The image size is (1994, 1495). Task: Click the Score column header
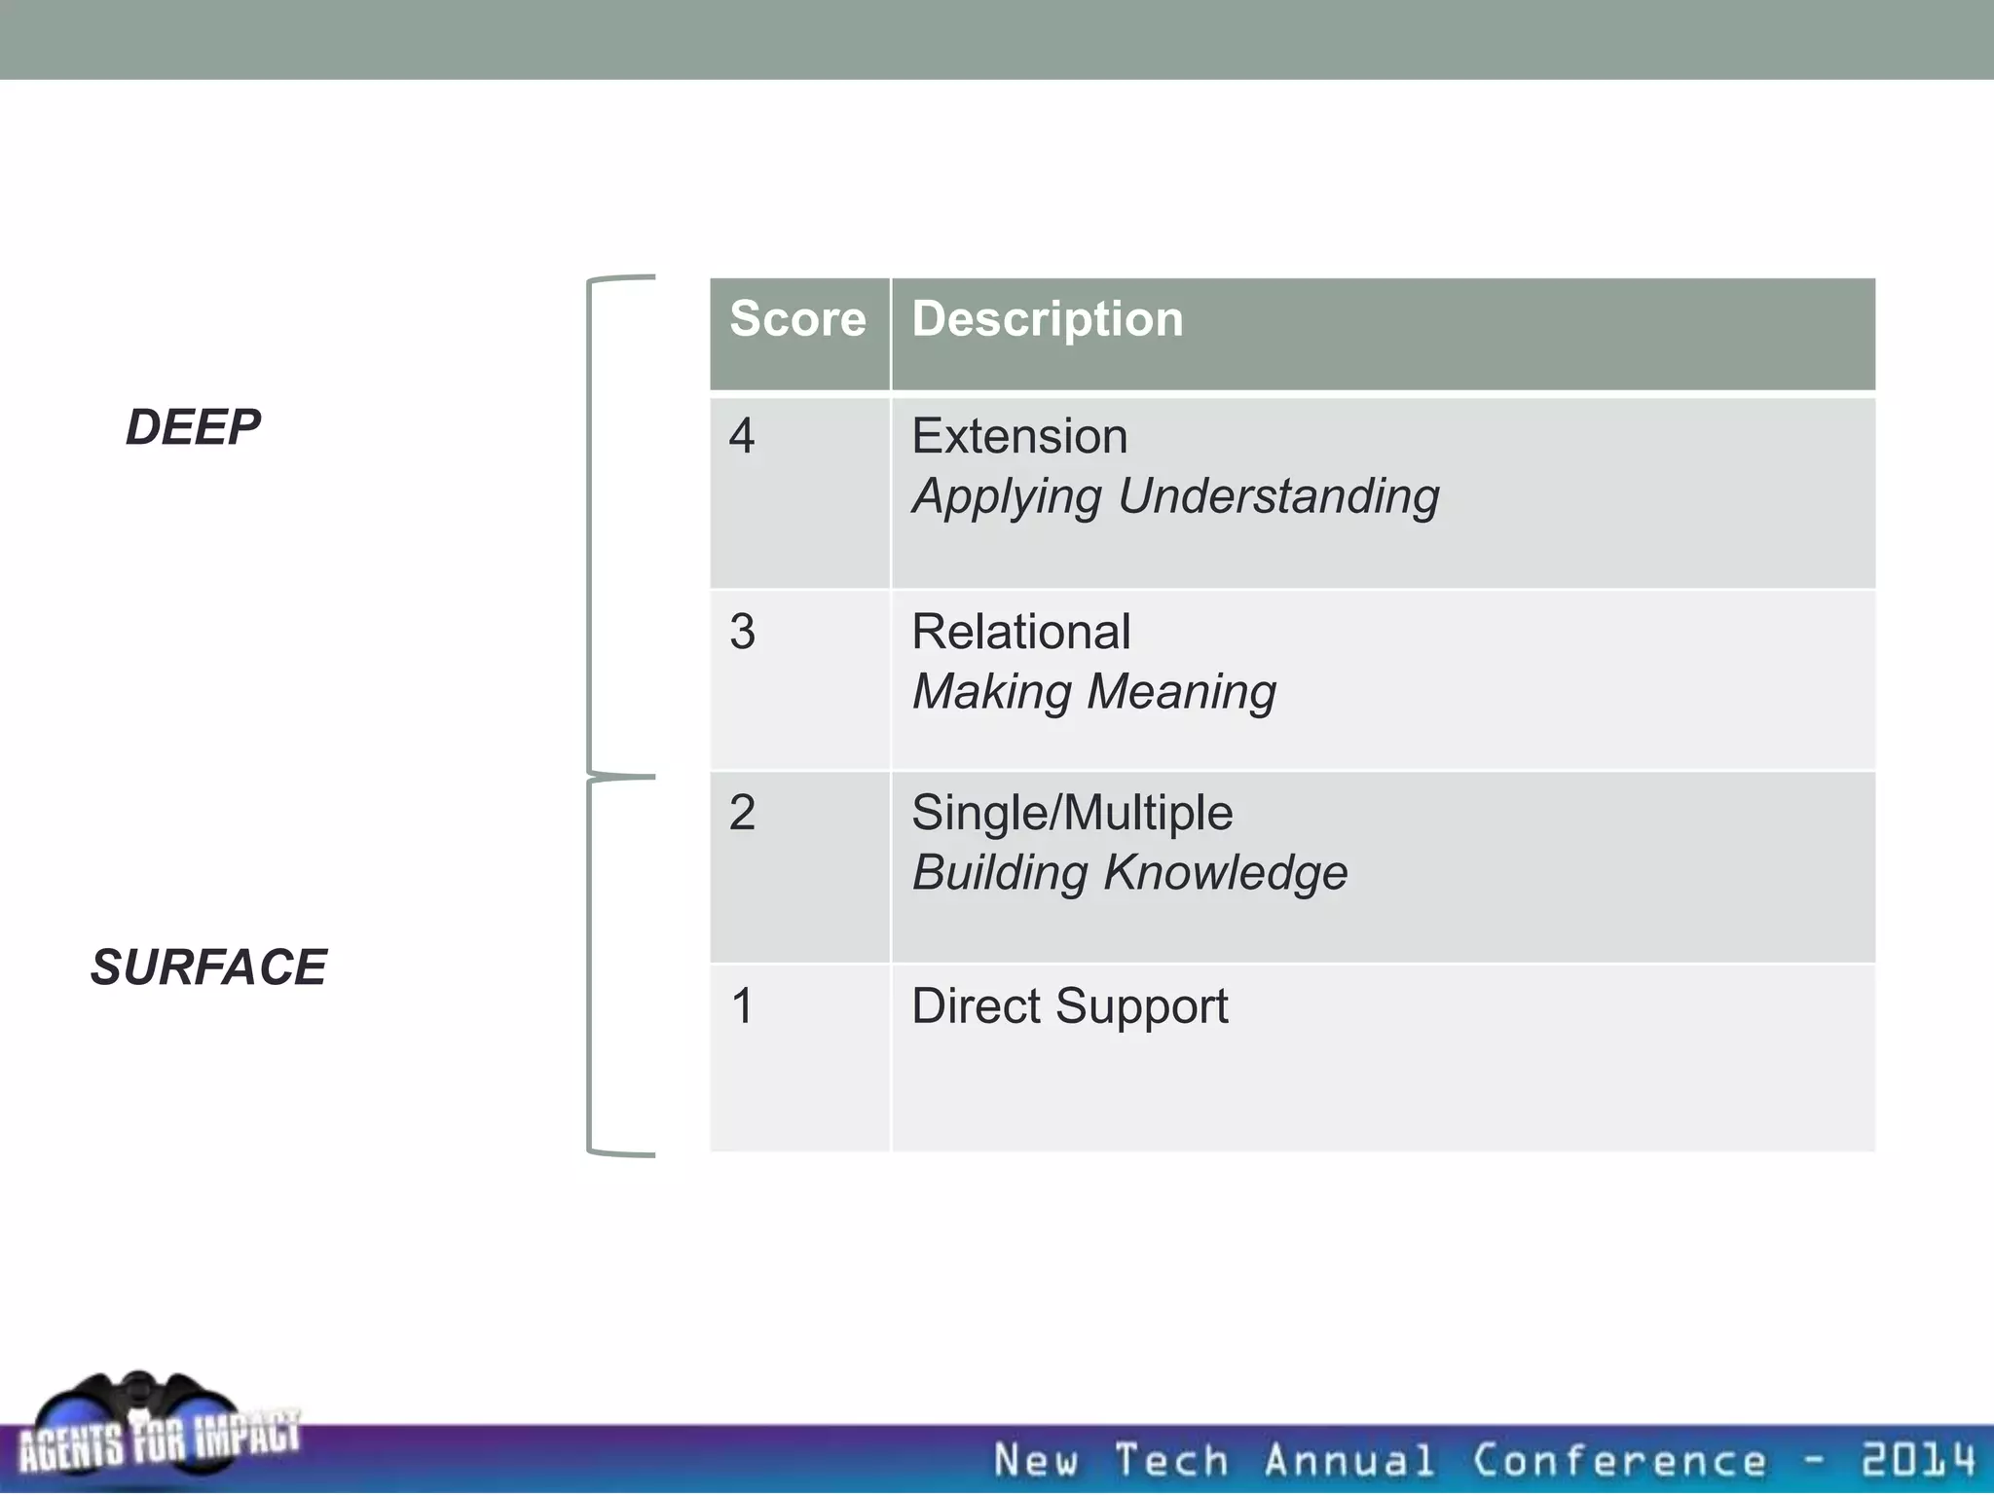tap(797, 320)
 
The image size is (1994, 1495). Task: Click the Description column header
tap(1048, 320)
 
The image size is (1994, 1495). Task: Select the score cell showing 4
tap(743, 436)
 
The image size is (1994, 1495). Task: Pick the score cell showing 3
tap(743, 632)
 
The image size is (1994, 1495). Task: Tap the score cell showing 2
tap(743, 813)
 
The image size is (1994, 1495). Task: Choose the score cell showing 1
tap(743, 1005)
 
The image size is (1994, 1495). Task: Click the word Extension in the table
tap(1019, 436)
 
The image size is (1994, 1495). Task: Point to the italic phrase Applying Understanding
tap(1175, 496)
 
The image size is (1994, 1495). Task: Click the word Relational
tap(1020, 632)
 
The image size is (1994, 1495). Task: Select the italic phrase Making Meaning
tap(1093, 692)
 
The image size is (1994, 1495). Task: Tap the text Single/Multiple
tap(1072, 813)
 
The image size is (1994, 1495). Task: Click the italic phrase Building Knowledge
tap(1129, 873)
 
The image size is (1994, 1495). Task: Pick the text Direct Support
tap(1069, 1006)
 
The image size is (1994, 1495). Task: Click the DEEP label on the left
tap(193, 427)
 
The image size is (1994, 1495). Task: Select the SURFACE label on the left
tap(208, 967)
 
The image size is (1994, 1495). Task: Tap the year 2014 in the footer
tap(1917, 1460)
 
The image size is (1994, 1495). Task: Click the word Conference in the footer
tap(1618, 1460)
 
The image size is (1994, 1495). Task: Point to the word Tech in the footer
tap(1171, 1460)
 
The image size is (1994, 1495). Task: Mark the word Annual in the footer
tap(1349, 1460)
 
